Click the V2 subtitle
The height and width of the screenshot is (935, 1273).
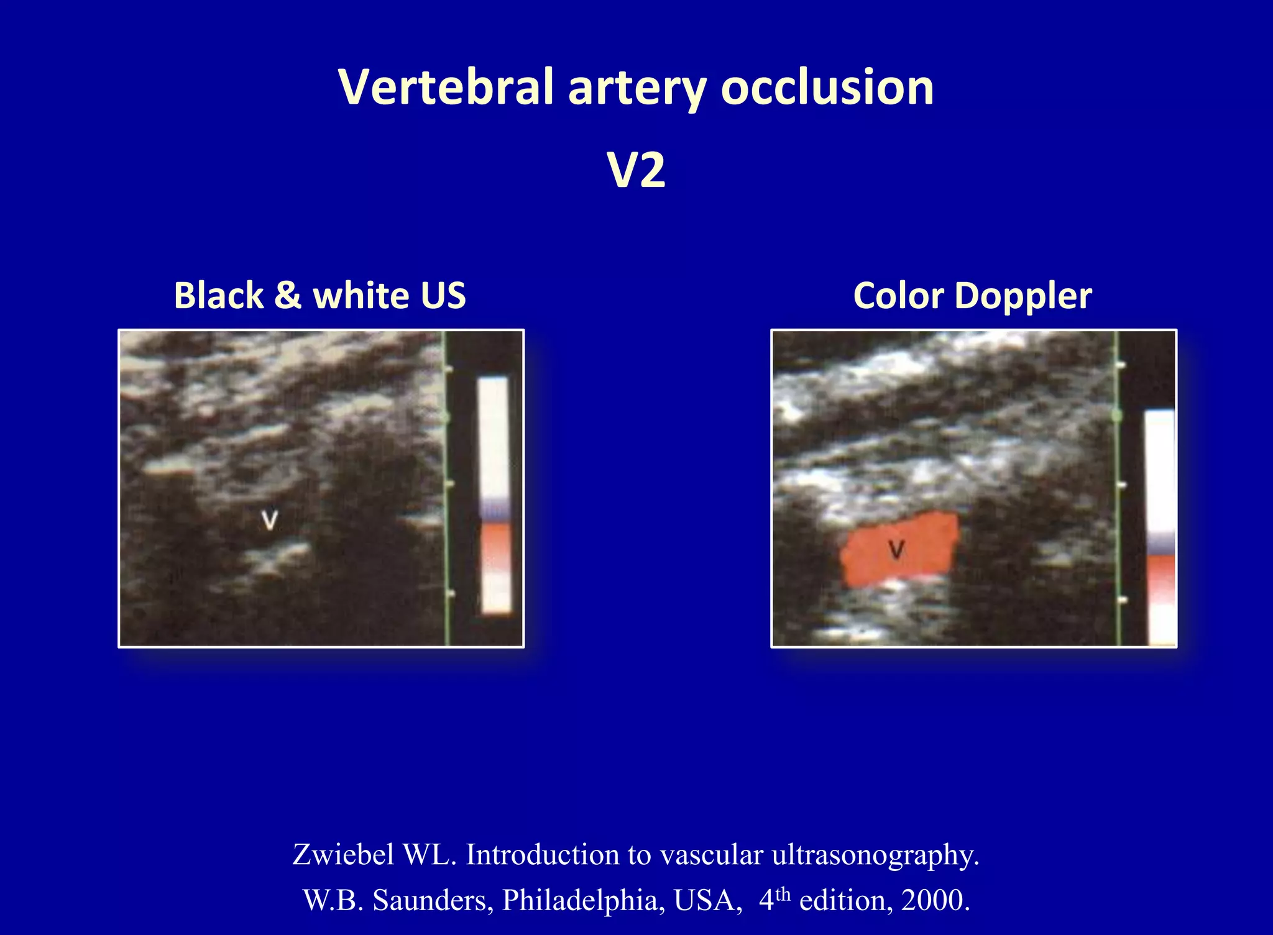point(636,170)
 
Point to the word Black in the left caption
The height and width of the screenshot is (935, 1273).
point(218,295)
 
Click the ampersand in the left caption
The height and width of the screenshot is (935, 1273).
point(287,295)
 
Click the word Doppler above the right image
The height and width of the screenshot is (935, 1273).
point(1023,296)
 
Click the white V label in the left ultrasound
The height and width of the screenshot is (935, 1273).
point(270,519)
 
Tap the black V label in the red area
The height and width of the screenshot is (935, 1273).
point(896,549)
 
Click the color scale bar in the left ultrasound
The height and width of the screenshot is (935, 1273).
point(495,496)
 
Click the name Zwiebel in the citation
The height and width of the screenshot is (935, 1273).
point(342,854)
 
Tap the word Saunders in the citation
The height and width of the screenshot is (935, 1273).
point(433,900)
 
